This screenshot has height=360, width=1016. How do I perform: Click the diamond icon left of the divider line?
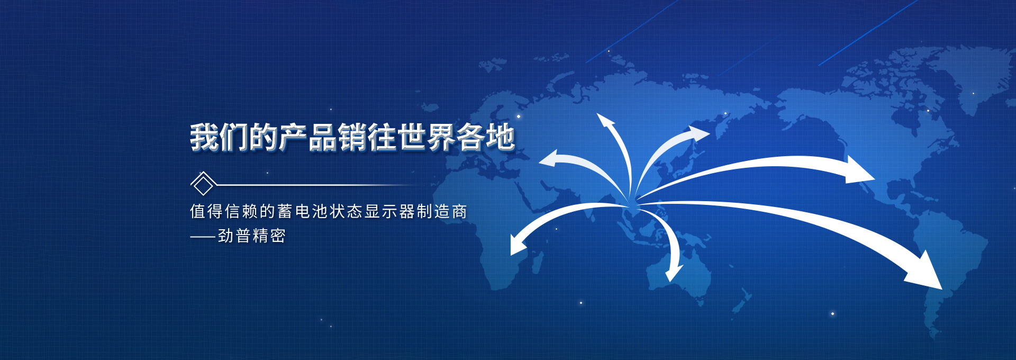[x=203, y=184]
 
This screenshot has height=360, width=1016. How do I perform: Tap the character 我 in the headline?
[x=205, y=137]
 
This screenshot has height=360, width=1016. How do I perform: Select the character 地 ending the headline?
[x=501, y=137]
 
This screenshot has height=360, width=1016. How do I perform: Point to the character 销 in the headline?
[x=352, y=137]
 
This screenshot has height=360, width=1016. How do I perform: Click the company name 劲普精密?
[x=252, y=236]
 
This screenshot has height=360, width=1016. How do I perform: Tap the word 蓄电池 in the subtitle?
[x=303, y=211]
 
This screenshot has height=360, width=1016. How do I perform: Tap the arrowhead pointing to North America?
[x=858, y=169]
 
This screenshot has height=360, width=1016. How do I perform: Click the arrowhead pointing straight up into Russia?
[x=605, y=121]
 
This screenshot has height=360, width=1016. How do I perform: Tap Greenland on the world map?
[x=984, y=74]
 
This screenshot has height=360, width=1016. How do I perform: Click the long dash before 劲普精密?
[x=203, y=237]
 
